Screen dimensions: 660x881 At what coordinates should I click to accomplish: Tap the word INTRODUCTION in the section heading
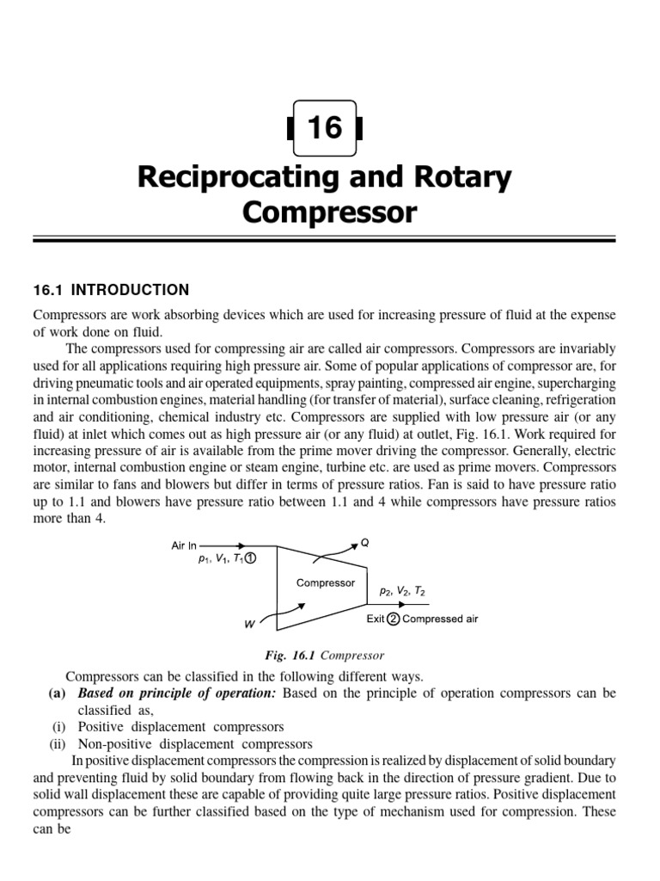point(131,290)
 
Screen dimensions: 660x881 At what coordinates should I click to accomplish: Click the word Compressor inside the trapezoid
point(326,582)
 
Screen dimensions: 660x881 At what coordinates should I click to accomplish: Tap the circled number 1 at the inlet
point(250,560)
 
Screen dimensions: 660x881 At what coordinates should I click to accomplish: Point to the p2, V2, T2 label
point(400,592)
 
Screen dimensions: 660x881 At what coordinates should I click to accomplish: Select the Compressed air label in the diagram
point(440,619)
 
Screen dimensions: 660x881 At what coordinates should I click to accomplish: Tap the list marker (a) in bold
point(58,693)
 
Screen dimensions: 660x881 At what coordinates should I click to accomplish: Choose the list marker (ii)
point(60,743)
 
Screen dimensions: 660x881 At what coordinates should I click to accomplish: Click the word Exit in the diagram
point(376,619)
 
